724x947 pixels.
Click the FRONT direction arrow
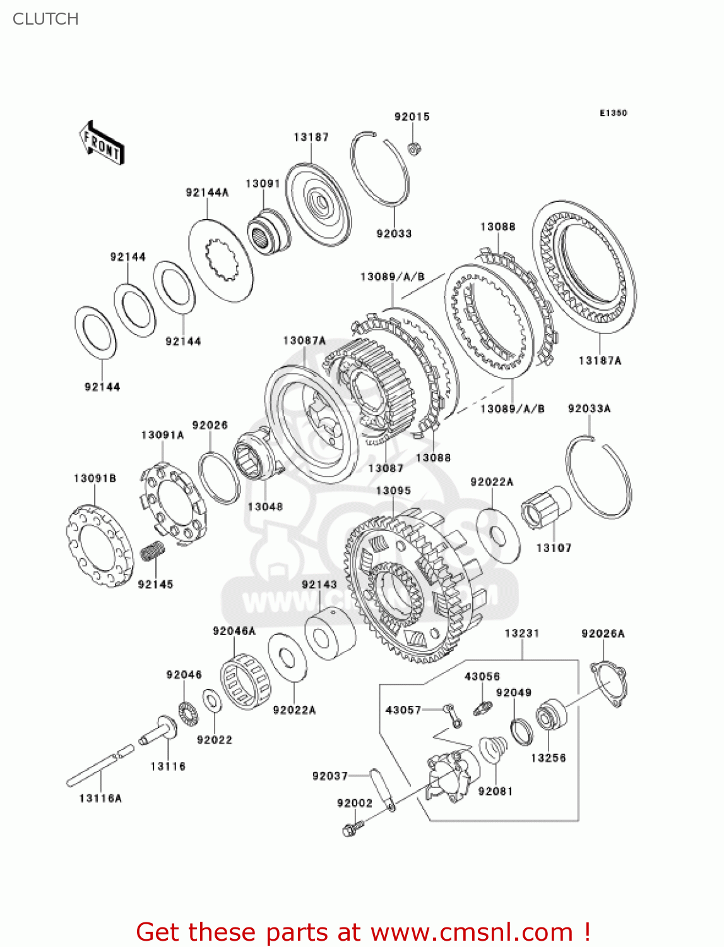click(x=102, y=143)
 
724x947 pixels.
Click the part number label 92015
click(x=412, y=117)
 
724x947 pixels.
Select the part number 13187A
click(x=600, y=360)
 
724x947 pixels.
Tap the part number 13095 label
click(x=393, y=491)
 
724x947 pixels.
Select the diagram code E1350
click(x=613, y=113)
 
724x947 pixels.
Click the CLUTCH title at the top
click(x=45, y=19)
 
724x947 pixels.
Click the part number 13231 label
click(x=521, y=633)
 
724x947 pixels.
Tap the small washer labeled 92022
click(x=211, y=700)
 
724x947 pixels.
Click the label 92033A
click(x=589, y=408)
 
